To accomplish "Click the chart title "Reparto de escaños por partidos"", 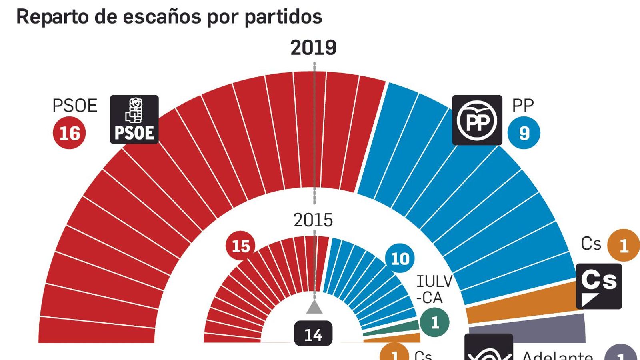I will click(x=169, y=17).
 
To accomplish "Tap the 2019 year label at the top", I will click(x=313, y=48).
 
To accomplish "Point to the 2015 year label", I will click(x=313, y=220).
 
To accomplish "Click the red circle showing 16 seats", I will click(x=69, y=133).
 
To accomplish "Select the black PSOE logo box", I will click(x=134, y=119).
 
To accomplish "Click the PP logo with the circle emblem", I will click(x=477, y=120).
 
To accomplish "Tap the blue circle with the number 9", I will click(x=524, y=133).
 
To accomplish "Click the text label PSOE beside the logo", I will click(x=75, y=106).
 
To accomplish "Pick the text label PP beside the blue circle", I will click(x=523, y=106).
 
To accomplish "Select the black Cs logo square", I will click(x=599, y=286).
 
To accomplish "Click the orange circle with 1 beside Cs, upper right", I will click(x=623, y=245).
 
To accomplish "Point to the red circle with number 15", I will click(x=240, y=246).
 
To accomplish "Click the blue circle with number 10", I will click(x=400, y=258).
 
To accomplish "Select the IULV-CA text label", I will click(x=434, y=290).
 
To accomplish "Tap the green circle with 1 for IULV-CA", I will click(x=434, y=322).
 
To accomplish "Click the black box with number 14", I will click(x=313, y=334).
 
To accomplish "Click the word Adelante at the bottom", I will click(x=557, y=355).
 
